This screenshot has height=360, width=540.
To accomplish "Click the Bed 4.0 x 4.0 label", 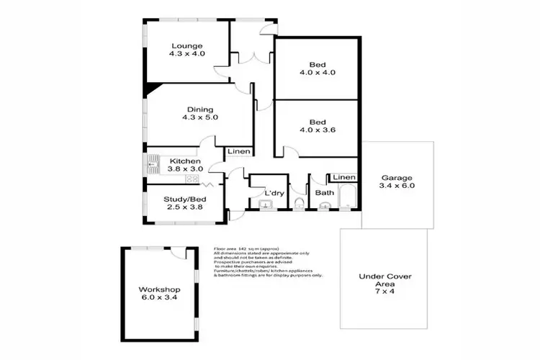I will click(317, 67).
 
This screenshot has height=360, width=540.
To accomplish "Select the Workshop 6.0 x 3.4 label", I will click(159, 295).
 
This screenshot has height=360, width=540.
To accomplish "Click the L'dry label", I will click(273, 193).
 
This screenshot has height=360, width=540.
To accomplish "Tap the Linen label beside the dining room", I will click(238, 152).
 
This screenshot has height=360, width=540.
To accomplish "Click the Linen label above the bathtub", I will click(344, 177).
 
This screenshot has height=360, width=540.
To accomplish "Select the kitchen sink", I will click(153, 165).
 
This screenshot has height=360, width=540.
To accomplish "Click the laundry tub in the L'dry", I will click(266, 207).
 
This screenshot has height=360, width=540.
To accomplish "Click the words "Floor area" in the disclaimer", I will click(225, 248).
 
